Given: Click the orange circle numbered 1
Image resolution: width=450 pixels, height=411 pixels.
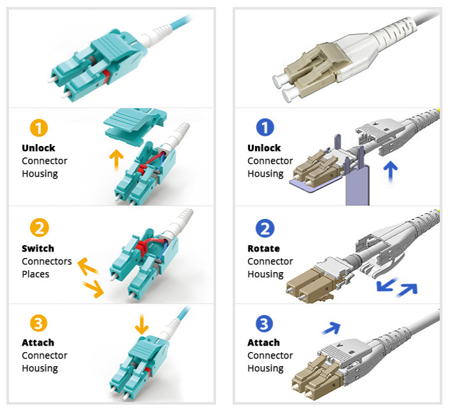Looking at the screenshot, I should (x=39, y=128).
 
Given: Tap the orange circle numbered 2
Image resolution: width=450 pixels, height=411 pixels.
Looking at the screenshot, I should (x=39, y=228).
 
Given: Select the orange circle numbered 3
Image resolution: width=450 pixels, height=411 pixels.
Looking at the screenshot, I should (x=39, y=322).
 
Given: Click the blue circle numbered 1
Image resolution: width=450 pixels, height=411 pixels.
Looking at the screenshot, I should (x=265, y=128).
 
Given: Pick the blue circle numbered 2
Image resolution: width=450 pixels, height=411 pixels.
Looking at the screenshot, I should (x=265, y=228).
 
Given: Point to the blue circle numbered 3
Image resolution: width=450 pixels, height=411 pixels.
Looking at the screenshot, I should (x=265, y=322).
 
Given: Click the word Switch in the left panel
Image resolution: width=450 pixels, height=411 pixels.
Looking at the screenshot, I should (x=38, y=248).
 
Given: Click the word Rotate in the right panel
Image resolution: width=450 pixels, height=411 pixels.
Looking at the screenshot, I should (x=263, y=248).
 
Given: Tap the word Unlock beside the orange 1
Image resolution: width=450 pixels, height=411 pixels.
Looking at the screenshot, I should (x=38, y=148).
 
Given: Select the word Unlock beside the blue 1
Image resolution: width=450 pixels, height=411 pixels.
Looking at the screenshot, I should (x=264, y=148).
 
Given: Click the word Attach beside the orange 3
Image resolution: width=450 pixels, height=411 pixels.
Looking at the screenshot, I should (x=38, y=342).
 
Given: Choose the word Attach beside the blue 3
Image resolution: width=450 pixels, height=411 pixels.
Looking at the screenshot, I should (x=263, y=342).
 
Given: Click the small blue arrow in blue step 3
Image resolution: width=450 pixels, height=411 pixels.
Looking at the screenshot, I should (x=331, y=328).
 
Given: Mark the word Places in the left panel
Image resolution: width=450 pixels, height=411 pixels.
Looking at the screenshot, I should (x=35, y=274).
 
